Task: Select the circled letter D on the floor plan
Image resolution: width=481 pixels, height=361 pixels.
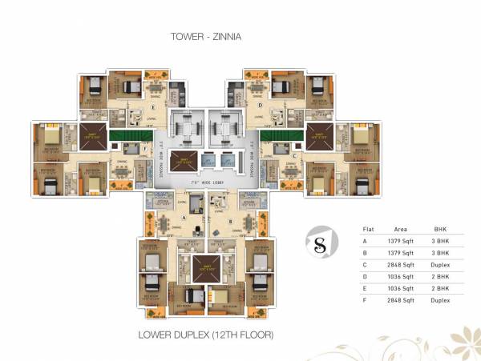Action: coord(261,105)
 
